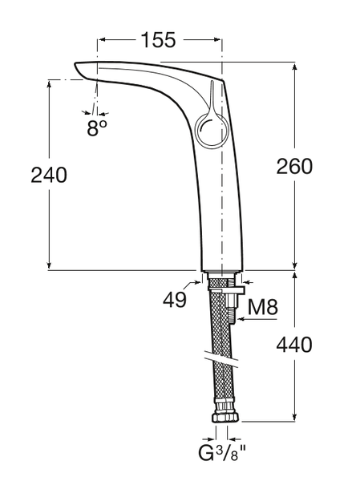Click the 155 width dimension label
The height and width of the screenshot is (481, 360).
[x=159, y=40]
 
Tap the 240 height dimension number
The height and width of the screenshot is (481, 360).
[x=49, y=175]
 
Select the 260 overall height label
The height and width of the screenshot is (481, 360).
[x=294, y=167]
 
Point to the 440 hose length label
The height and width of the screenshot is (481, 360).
[x=294, y=345]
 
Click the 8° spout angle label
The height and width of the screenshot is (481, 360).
[x=97, y=128]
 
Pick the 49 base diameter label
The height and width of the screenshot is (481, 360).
[x=174, y=299]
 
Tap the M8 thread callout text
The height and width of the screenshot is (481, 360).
[x=263, y=307]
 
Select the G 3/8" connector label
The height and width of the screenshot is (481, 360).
[x=222, y=455]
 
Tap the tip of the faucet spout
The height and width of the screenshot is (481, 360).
[x=76, y=65]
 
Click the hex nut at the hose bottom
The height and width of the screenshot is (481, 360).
[x=225, y=417]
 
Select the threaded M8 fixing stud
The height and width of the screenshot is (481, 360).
[x=232, y=308]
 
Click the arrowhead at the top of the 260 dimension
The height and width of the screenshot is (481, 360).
[x=294, y=67]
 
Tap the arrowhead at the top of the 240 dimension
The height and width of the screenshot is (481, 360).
[x=49, y=84]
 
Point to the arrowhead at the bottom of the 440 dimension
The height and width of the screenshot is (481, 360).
[x=294, y=416]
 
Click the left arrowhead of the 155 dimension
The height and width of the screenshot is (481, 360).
[x=102, y=39]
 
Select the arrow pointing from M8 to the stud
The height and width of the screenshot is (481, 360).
[x=257, y=319]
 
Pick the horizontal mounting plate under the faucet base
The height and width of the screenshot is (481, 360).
[x=226, y=289]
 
